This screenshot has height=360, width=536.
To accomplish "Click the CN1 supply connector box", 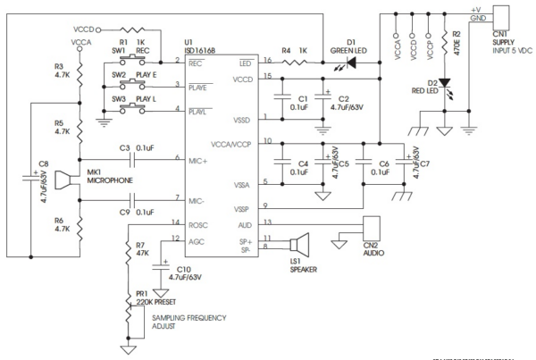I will pyautogui.click(x=502, y=15).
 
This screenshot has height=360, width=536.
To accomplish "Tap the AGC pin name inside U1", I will pyautogui.click(x=197, y=238).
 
